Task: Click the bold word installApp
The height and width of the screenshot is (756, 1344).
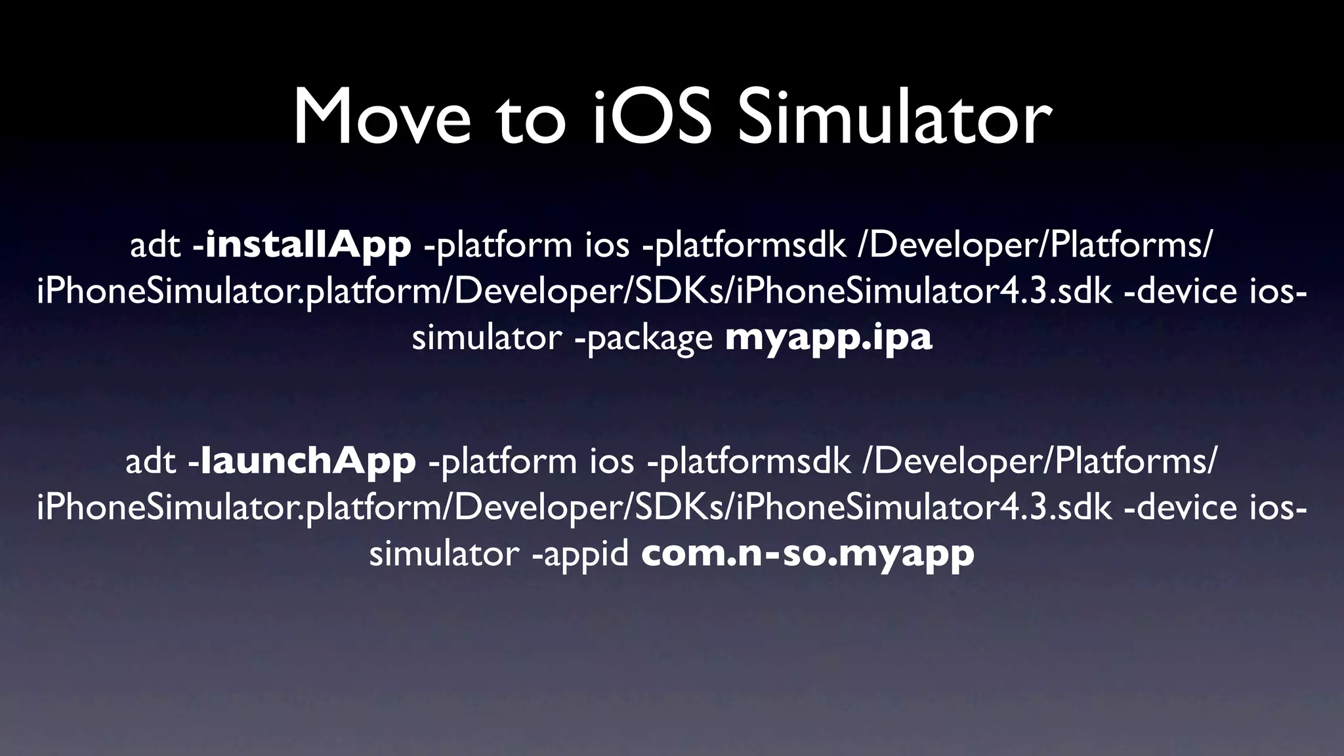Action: click(308, 245)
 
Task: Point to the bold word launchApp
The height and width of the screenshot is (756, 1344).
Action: click(308, 461)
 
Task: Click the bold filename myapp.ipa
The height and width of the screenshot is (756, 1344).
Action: click(828, 339)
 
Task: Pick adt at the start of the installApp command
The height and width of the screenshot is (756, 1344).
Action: click(155, 245)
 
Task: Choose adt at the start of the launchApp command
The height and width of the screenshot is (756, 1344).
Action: click(150, 462)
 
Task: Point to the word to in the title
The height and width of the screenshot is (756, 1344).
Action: click(530, 118)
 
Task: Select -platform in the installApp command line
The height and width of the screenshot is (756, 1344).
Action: click(499, 245)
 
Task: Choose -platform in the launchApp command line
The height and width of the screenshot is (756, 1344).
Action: click(503, 462)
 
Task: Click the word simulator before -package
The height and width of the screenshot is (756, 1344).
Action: click(486, 339)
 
